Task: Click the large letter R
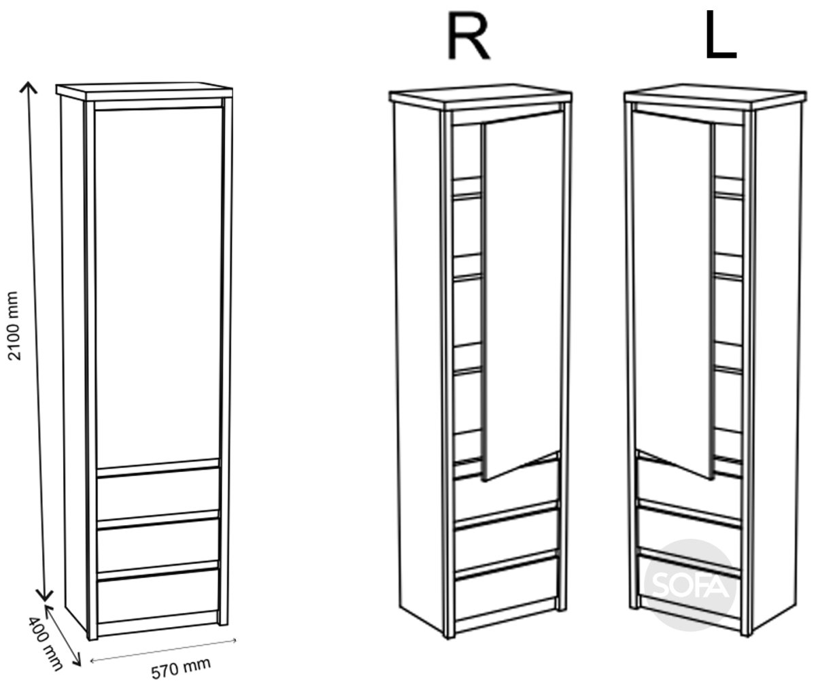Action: coord(469,36)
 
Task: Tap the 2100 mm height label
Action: coord(14,326)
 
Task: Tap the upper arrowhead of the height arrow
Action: coord(28,88)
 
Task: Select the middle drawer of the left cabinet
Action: coord(158,545)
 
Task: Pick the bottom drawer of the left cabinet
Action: coord(158,595)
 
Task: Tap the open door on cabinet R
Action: coord(522,295)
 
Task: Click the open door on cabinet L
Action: coord(673,295)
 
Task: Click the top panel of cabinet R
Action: coord(481,95)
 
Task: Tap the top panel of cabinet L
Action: coord(715,95)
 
